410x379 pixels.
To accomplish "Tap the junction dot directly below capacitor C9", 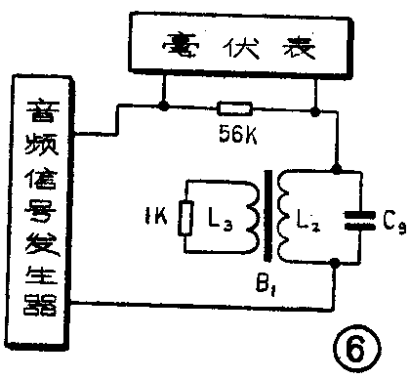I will pos(334,261).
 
